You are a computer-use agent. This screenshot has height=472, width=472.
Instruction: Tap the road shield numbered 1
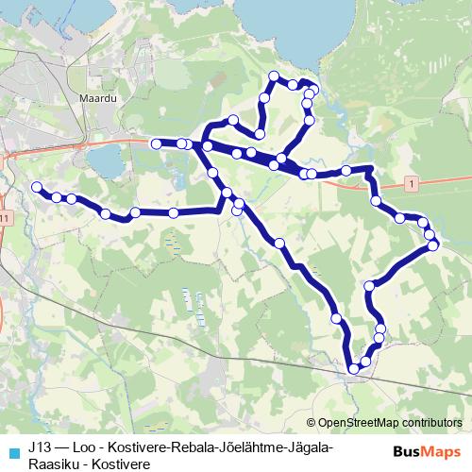pos(413,180)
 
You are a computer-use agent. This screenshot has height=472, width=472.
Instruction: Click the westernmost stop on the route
pos(38,188)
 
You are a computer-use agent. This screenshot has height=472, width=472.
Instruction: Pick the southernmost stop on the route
pos(354,368)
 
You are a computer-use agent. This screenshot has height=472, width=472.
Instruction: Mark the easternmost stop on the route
pos(433,245)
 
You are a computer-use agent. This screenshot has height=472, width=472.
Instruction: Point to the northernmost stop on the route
pos(274,76)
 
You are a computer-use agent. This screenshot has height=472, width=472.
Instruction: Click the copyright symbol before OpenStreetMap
pos(312,423)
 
